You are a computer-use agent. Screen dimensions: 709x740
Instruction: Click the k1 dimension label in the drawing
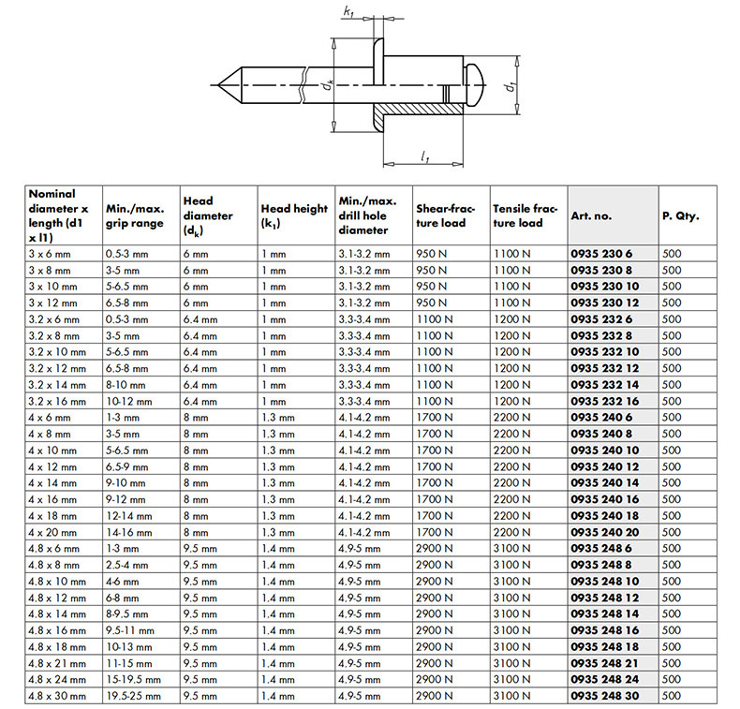point(349,12)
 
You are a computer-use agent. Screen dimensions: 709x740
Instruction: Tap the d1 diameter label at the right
point(511,86)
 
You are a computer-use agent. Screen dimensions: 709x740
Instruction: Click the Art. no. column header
point(590,215)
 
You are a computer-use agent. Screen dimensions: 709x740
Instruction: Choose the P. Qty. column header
point(680,215)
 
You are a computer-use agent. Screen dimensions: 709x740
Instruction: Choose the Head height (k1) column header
point(293,215)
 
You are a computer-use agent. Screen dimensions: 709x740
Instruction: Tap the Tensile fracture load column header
point(525,215)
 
